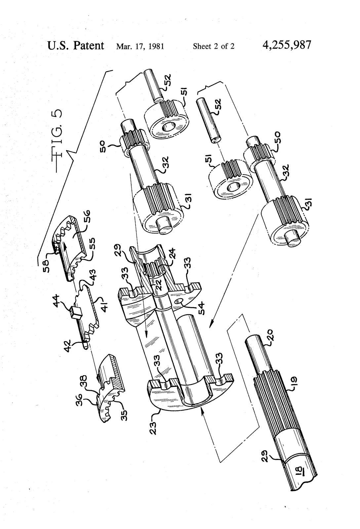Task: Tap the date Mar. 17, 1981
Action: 140,46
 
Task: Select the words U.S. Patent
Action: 76,45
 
